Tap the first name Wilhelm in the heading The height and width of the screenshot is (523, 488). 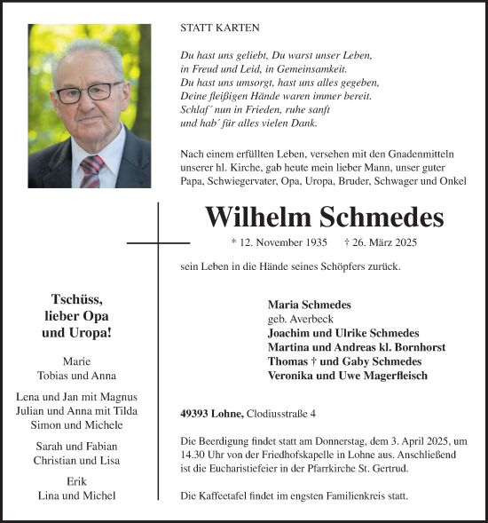click(258, 218)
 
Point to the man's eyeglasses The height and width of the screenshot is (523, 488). click(88, 91)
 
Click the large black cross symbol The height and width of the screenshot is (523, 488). click(158, 242)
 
